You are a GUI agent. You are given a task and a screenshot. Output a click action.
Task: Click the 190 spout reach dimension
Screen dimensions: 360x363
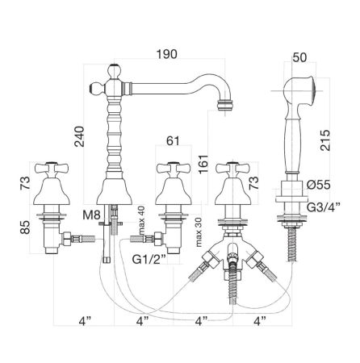(167, 54)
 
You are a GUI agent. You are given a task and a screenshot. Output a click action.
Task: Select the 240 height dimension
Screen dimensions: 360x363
(79, 136)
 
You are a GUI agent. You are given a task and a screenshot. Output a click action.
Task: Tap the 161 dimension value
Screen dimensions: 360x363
(203, 164)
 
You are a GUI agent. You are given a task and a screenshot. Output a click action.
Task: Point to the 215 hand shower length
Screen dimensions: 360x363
(324, 140)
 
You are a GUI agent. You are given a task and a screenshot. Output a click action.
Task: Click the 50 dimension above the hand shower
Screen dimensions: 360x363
(299, 57)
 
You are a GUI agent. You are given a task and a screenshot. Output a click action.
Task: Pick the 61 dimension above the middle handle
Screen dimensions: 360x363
(173, 140)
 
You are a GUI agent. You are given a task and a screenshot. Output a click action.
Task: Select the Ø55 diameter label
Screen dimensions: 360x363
(318, 185)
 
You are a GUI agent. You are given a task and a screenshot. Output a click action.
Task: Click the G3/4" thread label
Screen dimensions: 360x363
(324, 207)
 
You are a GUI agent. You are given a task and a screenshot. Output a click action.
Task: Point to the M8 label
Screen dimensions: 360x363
(91, 215)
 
